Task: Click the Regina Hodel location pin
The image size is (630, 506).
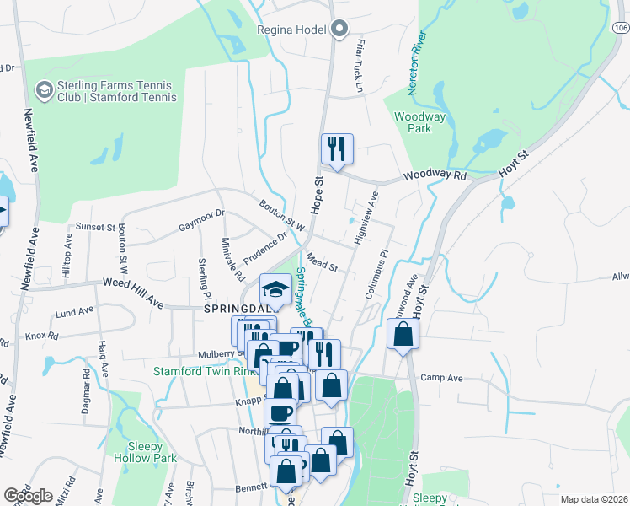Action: tap(339, 30)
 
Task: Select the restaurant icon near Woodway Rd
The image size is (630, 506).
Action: tap(337, 150)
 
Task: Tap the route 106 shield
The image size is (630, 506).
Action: tap(621, 28)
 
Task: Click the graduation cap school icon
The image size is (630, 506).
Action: tap(275, 290)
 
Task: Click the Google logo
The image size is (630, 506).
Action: tap(28, 496)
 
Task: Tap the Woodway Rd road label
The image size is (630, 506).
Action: tap(435, 175)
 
